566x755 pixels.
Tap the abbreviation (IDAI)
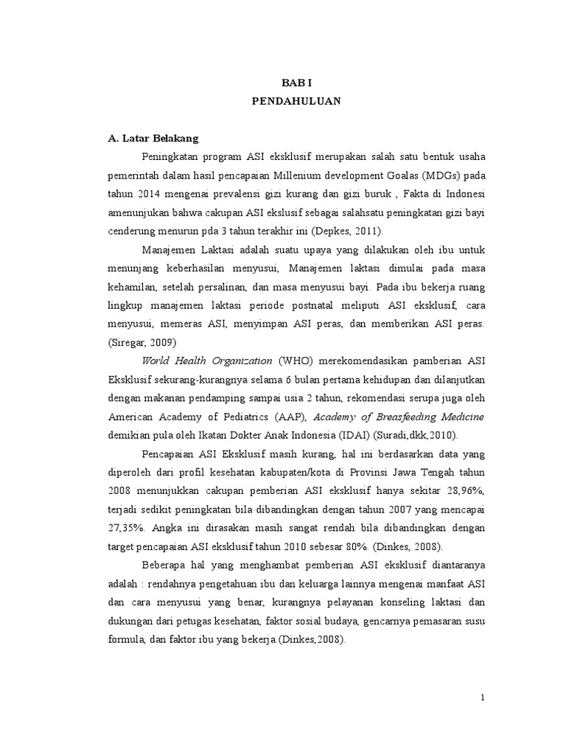(x=361, y=435)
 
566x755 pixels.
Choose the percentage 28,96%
(x=465, y=490)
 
